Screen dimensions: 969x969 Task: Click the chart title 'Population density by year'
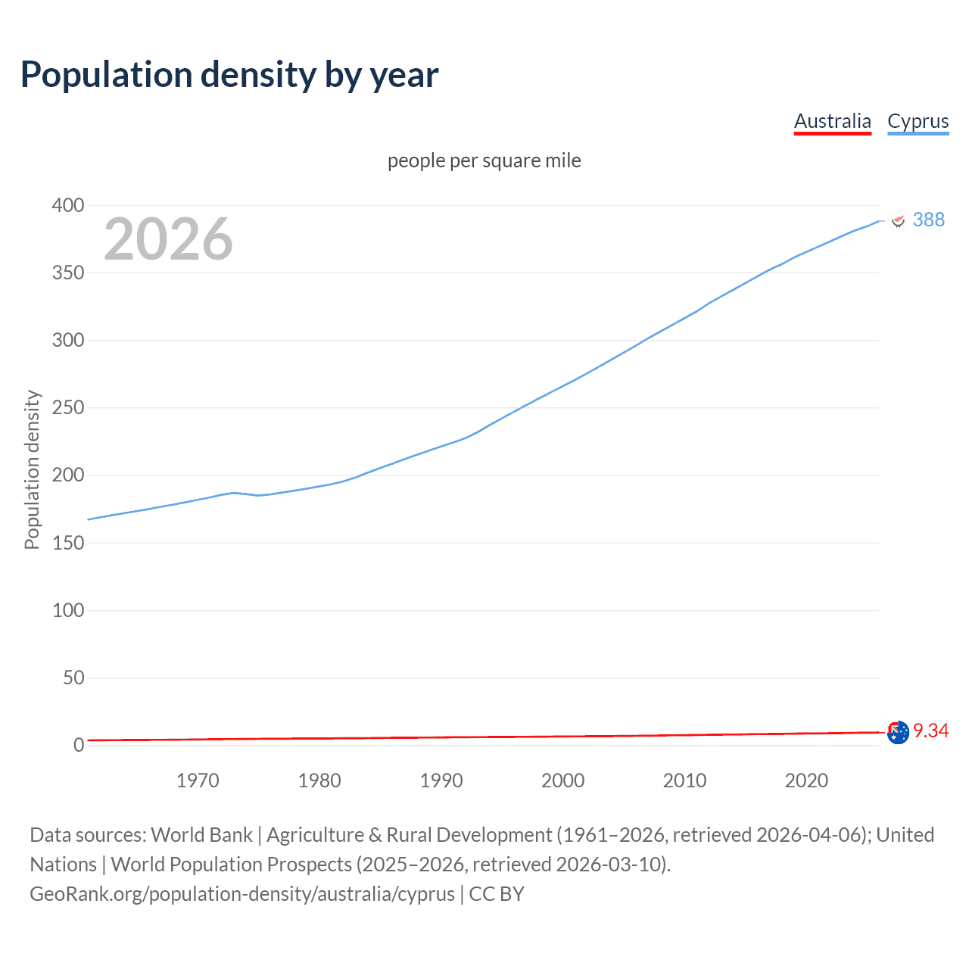pos(229,74)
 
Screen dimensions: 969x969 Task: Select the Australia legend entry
pos(832,121)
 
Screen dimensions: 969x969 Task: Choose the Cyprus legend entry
pos(918,121)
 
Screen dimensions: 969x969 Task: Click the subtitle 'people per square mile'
pos(484,160)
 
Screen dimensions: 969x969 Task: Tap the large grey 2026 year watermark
pos(168,239)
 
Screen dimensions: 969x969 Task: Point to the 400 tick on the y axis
pos(68,205)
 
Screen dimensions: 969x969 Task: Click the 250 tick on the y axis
pos(68,408)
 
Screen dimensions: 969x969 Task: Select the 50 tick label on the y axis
pos(73,678)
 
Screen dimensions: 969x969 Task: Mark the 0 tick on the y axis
pos(79,745)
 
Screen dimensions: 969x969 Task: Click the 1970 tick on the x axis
pos(198,780)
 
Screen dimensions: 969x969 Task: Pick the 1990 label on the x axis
pos(441,780)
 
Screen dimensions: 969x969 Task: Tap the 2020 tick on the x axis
pos(806,780)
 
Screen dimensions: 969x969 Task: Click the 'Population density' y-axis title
pos(32,469)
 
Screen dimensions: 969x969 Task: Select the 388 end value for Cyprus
pos(928,220)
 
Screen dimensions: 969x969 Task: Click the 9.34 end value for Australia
pos(930,731)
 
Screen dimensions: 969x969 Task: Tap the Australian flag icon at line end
pos(898,732)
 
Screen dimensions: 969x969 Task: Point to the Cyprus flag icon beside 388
pos(899,220)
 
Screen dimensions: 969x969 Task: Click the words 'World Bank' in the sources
pos(201,834)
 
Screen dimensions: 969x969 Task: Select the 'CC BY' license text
pos(497,893)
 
